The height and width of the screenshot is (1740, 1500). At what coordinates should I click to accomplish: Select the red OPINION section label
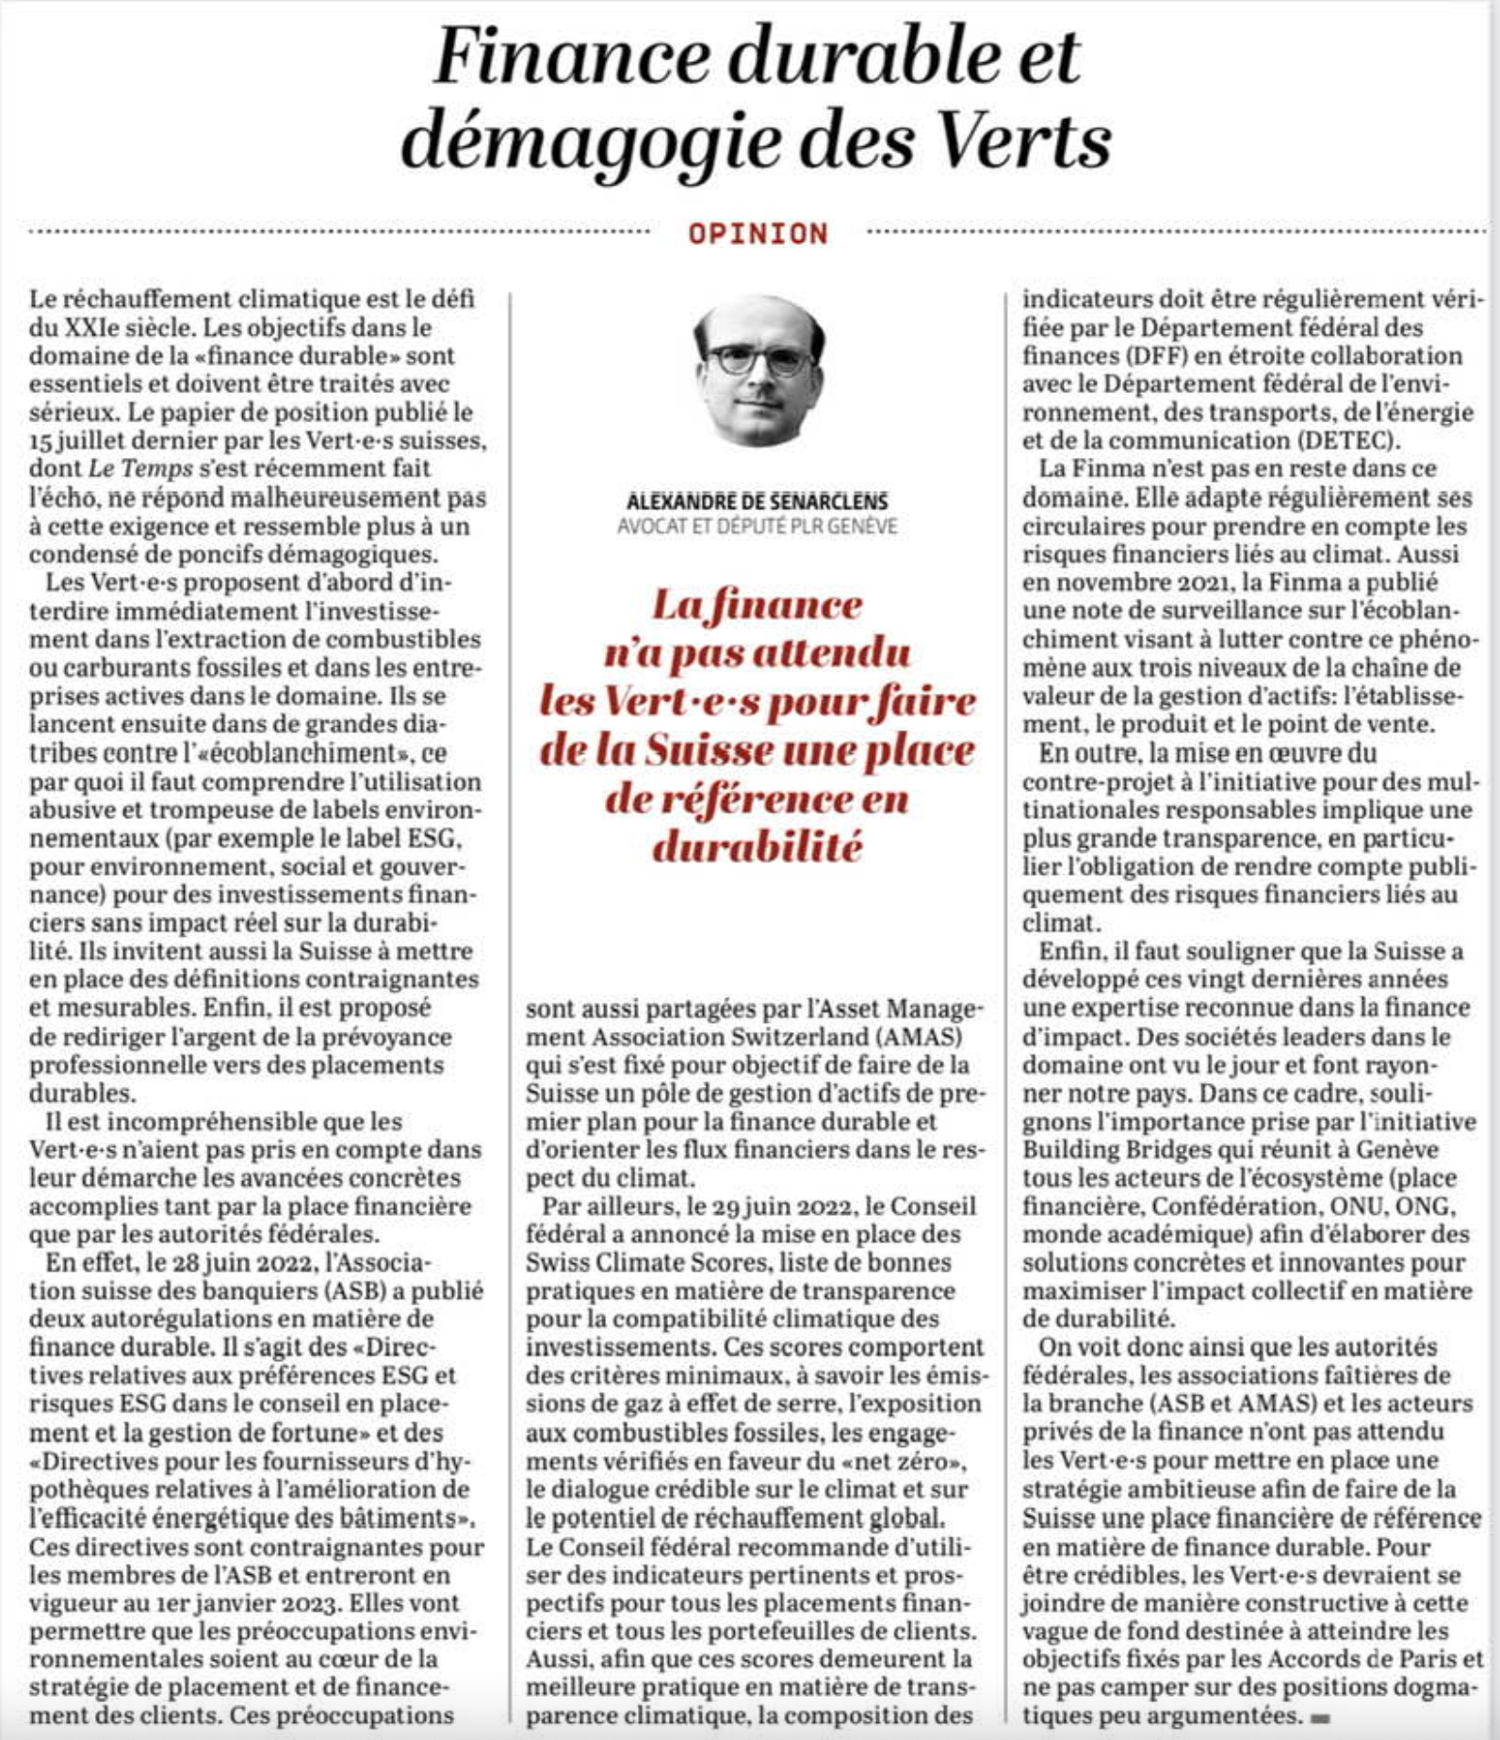[x=758, y=234]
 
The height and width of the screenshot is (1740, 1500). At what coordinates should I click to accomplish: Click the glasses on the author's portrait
[x=759, y=359]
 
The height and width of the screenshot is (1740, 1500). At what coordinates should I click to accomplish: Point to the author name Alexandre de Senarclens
[x=758, y=501]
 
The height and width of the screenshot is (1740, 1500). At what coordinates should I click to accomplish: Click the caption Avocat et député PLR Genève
[x=758, y=526]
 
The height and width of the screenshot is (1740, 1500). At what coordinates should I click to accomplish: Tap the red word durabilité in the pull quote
[x=758, y=847]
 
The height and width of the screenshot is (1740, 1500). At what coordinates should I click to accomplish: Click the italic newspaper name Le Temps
[x=141, y=468]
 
